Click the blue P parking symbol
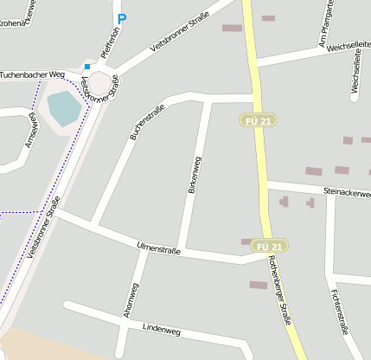[x=122, y=18]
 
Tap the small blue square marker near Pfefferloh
[x=87, y=65]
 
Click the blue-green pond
[x=63, y=107]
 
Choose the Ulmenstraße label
[x=158, y=249]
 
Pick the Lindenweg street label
[x=161, y=330]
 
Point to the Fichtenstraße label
[x=338, y=312]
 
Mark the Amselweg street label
[x=31, y=130]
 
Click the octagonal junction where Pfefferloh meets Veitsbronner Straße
[x=101, y=83]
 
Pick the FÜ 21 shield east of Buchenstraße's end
[x=257, y=122]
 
